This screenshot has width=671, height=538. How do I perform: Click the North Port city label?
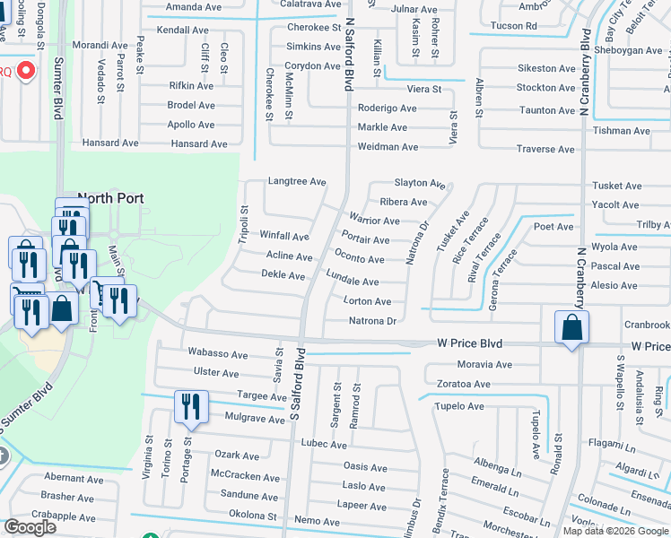111,198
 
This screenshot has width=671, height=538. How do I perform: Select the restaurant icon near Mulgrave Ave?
191,406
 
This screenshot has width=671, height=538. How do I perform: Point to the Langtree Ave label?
297,181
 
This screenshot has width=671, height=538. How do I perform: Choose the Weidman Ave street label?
388,147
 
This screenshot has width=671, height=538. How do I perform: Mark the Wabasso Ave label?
217,354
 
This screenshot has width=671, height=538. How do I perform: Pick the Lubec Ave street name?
324,445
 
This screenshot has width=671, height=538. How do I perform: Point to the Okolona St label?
252,516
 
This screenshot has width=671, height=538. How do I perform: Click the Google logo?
30,527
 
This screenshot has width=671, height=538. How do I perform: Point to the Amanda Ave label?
195,7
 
